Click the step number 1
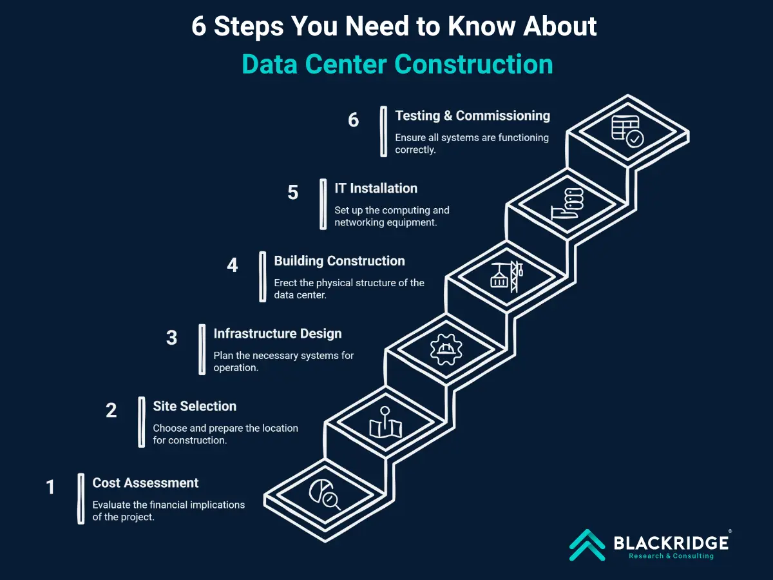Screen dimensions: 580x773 coord(51,487)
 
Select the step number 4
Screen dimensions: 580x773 coord(233,266)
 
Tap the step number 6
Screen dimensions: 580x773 coord(354,120)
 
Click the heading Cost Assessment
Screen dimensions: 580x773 coord(145,483)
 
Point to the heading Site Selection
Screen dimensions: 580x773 coord(195,406)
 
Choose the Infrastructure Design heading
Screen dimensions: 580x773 coord(277,334)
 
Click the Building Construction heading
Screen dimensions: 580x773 coord(339,261)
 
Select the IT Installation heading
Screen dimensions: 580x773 coord(376,188)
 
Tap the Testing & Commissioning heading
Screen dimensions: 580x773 coord(472,115)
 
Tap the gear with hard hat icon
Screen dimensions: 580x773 coord(445,350)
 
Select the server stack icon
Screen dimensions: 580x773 coord(566,204)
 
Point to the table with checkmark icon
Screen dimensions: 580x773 coord(626,131)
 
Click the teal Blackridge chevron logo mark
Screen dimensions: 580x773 coord(587,545)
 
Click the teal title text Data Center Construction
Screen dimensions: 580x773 coord(397,64)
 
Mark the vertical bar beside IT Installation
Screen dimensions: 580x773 coord(323,204)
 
